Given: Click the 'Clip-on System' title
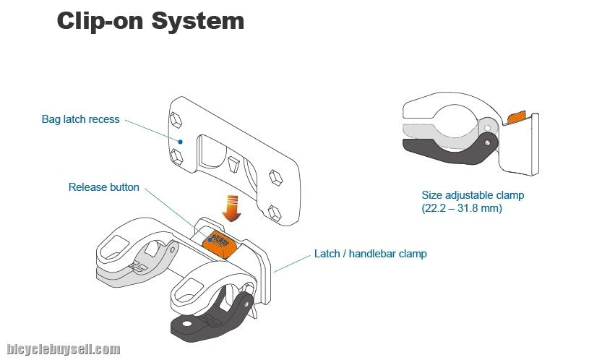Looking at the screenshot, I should [150, 21].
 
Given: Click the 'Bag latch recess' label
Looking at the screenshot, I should [81, 119].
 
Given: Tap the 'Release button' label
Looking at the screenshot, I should [104, 187].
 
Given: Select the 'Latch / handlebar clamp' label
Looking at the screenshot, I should [370, 254].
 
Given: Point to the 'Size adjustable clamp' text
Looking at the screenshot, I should [473, 195].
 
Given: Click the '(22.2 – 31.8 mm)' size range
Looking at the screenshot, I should [462, 208].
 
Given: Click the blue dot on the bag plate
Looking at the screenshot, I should [181, 142].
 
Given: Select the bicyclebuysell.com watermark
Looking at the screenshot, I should [64, 349].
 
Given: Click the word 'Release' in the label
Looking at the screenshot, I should [87, 187].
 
